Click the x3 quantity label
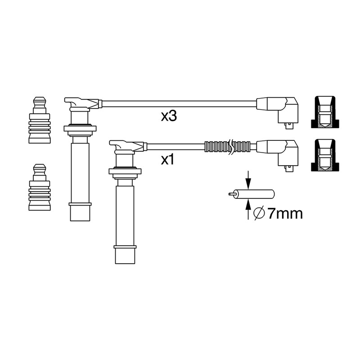tap(169, 117)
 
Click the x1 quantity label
tap(167, 160)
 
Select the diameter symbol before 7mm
tap(259, 213)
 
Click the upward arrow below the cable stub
tap(248, 209)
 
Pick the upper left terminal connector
tap(40, 120)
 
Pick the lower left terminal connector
tap(40, 187)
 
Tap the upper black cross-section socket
tap(325, 112)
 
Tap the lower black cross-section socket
tap(325, 155)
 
